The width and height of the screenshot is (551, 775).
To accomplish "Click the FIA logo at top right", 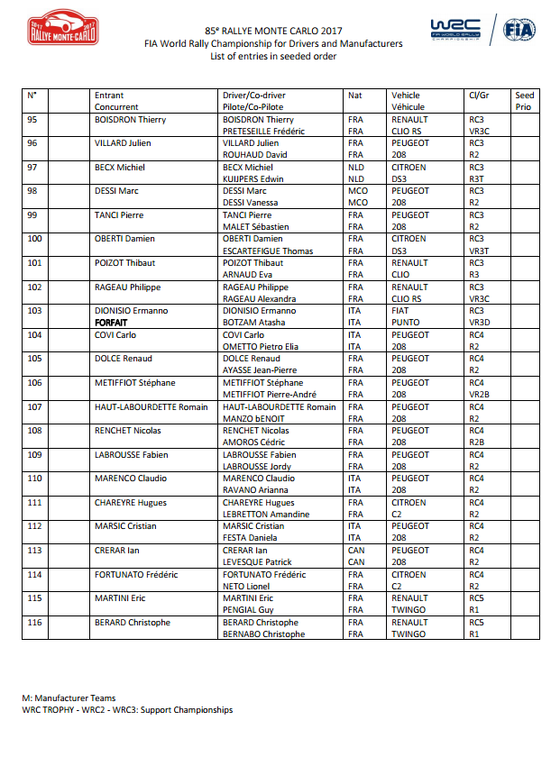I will pos(518,31).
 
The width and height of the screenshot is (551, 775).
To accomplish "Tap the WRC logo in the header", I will pos(455,29).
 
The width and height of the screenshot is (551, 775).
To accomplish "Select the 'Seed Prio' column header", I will pos(524,101).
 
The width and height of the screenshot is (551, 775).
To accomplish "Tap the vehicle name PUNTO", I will pos(406,323).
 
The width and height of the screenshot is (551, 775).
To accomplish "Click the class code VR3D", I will pos(479,323).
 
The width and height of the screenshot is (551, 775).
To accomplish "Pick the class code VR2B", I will pos(479,395).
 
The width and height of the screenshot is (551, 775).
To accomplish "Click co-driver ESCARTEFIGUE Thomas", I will pos(267,251).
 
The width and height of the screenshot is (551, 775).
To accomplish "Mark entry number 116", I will pos(35,623).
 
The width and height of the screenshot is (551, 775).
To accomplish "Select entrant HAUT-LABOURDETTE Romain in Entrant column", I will pos(151,407).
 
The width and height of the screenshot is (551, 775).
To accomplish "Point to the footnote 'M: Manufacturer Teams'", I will pos(69,698).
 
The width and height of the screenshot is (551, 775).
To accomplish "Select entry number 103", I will pos(35,311).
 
